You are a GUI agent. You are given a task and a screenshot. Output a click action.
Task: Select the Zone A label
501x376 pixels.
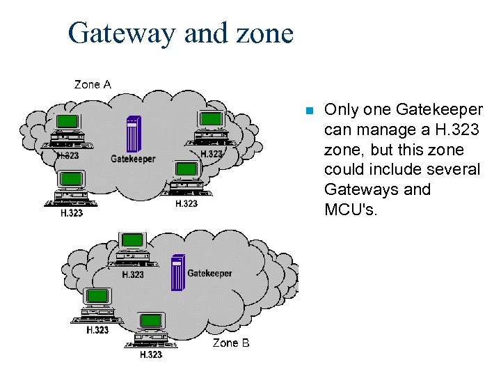[x=93, y=84]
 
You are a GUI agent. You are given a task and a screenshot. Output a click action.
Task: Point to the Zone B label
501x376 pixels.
[x=230, y=343]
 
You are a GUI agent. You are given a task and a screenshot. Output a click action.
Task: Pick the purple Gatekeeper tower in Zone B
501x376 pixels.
[x=178, y=273]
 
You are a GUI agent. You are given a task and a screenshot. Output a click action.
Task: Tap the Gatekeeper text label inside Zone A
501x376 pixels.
[x=133, y=159]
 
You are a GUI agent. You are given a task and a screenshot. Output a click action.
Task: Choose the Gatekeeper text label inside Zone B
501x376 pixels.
[x=209, y=273]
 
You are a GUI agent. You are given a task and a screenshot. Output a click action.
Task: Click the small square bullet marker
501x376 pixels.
[x=310, y=111]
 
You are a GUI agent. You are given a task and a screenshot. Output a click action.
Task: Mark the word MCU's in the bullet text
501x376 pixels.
[x=351, y=210]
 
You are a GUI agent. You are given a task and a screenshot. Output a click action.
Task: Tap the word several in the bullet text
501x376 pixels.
[x=456, y=169]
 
